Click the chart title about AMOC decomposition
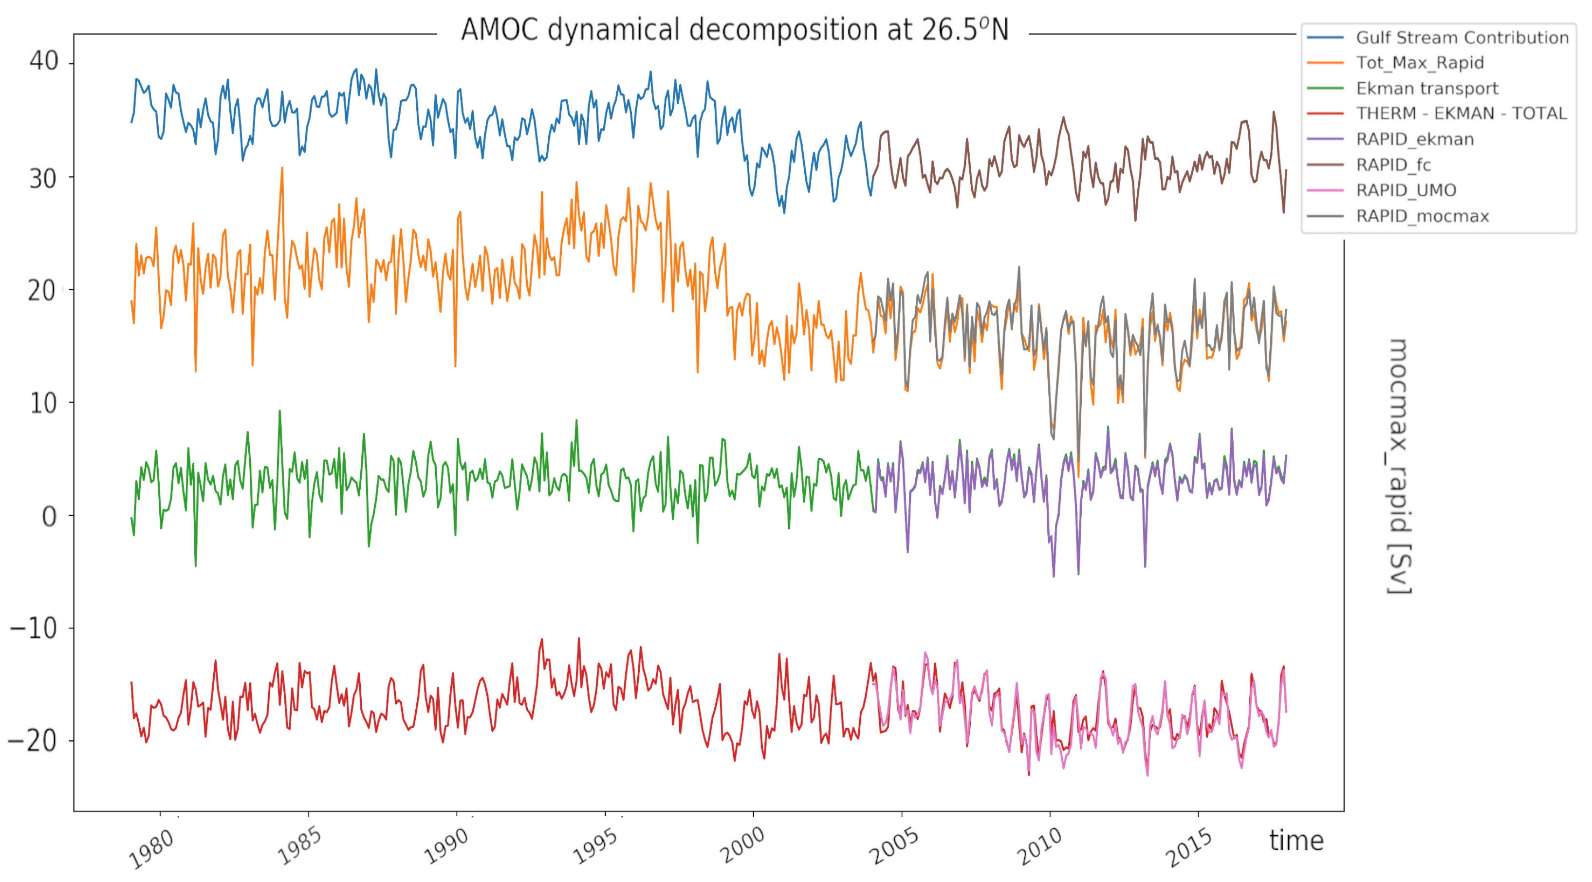(734, 30)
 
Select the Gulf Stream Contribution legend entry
(1462, 38)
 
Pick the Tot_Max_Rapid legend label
(1419, 63)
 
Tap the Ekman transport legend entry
(1426, 88)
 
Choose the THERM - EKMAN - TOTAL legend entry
(1461, 114)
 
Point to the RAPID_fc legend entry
(1393, 165)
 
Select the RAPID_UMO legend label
(1406, 190)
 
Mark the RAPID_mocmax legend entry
(1422, 216)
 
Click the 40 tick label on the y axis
(43, 61)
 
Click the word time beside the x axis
(1296, 841)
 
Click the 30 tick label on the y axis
(43, 179)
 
